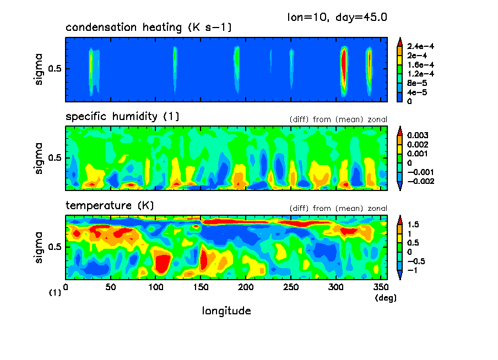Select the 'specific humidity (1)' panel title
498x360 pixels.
122,117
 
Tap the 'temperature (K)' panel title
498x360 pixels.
110,206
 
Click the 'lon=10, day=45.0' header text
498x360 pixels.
337,17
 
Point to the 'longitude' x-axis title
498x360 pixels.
226,311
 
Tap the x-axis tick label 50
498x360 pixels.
110,287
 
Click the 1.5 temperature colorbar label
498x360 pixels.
413,225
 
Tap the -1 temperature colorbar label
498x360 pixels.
412,271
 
